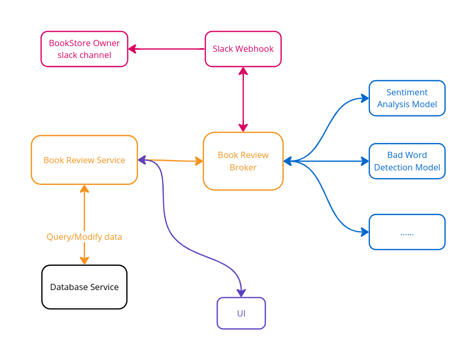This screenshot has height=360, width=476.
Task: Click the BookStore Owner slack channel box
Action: (x=84, y=49)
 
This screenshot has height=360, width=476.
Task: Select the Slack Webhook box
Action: (x=243, y=49)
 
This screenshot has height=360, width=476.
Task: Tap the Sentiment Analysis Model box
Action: (x=407, y=98)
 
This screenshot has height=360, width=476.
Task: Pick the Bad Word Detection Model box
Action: (x=407, y=161)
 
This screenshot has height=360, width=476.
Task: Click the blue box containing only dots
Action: (x=407, y=232)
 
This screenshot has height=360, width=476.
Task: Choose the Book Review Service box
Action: (x=84, y=160)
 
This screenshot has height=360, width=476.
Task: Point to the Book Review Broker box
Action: (x=243, y=161)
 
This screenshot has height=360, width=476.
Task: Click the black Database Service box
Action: (x=84, y=287)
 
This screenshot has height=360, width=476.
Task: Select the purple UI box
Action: (x=241, y=313)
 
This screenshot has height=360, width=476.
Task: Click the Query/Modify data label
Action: (x=84, y=237)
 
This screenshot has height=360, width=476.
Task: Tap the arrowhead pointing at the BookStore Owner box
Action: (x=132, y=49)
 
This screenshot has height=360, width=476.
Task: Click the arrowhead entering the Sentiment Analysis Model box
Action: (x=365, y=98)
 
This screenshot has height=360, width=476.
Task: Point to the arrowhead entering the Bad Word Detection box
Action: (x=365, y=161)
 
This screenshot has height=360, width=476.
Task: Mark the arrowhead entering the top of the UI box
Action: (x=241, y=293)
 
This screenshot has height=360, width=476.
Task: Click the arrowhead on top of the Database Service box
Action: (x=84, y=261)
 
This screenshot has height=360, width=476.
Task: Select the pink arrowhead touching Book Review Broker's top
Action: (x=243, y=127)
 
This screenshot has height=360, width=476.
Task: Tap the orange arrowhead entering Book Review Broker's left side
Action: (x=199, y=161)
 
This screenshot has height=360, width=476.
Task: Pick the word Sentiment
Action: (x=407, y=92)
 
